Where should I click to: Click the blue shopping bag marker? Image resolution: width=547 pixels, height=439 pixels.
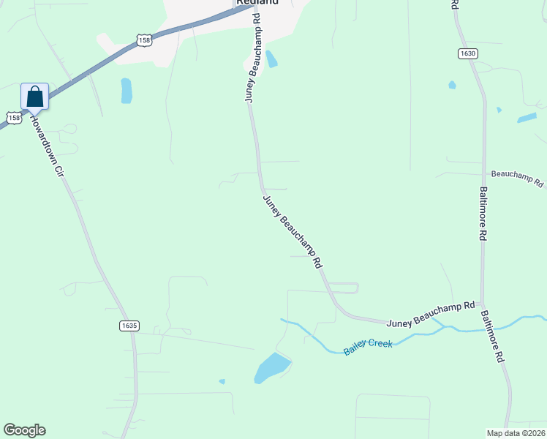point(34,97)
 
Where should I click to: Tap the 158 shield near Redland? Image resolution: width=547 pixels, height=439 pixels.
point(145,41)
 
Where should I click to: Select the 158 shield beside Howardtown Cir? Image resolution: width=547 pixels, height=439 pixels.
point(14,117)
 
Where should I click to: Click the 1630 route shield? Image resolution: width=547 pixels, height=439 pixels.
point(468,53)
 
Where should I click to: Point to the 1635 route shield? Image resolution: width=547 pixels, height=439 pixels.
point(129,325)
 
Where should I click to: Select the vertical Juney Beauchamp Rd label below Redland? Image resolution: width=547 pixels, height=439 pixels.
point(252,66)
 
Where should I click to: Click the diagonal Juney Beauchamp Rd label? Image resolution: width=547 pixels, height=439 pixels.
point(293,230)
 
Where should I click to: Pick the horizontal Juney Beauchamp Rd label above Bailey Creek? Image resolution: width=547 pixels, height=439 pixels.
point(431,314)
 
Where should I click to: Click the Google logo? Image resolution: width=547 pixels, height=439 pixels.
point(24,430)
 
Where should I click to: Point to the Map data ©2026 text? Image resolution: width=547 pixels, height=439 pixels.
point(516,433)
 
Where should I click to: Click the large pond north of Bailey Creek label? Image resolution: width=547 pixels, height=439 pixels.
point(271,367)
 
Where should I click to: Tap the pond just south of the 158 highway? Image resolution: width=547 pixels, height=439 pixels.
point(126,91)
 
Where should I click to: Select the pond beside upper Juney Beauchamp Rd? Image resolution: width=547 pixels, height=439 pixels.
point(272,59)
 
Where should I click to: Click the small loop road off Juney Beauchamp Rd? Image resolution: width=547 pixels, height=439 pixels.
point(344,288)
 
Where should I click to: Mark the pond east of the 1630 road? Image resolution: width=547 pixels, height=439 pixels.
point(527,117)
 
